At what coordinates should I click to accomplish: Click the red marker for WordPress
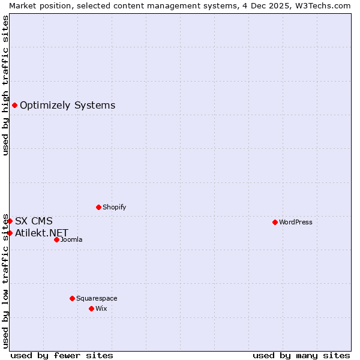(275, 222)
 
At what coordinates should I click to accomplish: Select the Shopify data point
(98, 207)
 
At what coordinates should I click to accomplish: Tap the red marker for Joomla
(56, 239)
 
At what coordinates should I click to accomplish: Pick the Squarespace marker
(72, 298)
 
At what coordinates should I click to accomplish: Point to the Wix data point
(91, 308)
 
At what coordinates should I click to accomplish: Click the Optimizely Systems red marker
(14, 106)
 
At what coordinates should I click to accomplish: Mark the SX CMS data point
(10, 221)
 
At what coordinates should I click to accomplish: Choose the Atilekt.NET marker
(10, 233)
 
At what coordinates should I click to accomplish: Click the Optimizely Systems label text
(67, 106)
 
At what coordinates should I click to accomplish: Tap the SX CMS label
(34, 221)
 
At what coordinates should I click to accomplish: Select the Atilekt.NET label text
(41, 233)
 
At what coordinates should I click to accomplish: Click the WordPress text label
(296, 222)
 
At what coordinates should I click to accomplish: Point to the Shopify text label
(114, 207)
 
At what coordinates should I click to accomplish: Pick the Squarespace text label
(97, 298)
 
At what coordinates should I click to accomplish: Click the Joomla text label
(71, 239)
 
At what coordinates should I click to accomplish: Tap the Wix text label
(101, 308)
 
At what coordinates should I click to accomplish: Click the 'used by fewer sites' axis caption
(62, 355)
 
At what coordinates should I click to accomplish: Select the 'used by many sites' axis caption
(301, 355)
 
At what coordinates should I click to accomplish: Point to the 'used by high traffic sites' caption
(5, 85)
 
